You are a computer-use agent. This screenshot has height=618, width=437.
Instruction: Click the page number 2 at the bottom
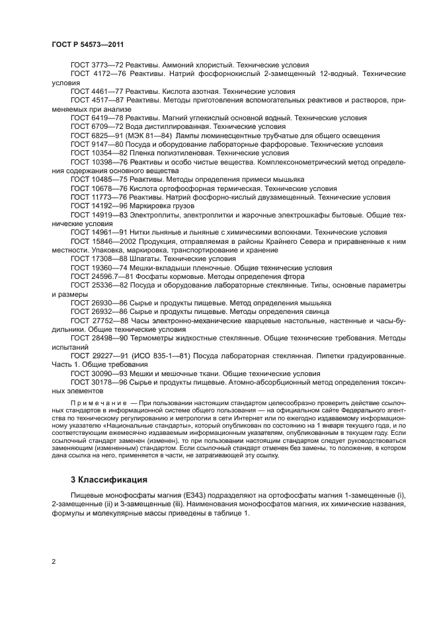tap(54, 561)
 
